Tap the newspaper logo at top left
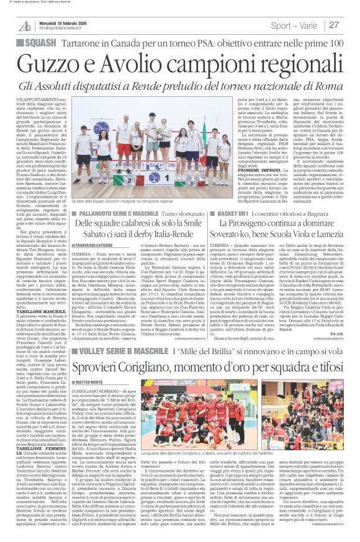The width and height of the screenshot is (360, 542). point(25,25)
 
